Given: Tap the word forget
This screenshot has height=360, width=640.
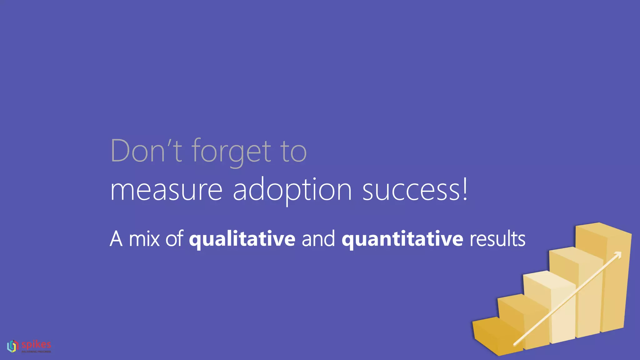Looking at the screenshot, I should [231, 152].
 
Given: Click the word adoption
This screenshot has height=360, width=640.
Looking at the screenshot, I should [292, 190].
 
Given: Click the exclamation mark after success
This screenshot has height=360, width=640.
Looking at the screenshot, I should [465, 189].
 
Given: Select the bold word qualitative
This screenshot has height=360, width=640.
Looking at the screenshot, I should [242, 239].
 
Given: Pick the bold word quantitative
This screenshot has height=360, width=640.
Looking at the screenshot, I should [402, 239].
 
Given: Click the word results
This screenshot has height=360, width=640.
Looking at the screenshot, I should [497, 239].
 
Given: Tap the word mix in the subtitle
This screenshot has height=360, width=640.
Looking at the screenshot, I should [144, 239].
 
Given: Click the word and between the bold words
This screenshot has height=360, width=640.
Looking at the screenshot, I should [318, 239].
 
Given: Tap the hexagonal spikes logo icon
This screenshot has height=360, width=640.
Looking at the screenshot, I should [12, 346].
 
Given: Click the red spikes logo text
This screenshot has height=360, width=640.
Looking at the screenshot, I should [36, 344].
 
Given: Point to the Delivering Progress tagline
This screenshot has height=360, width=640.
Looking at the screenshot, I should [36, 352].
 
